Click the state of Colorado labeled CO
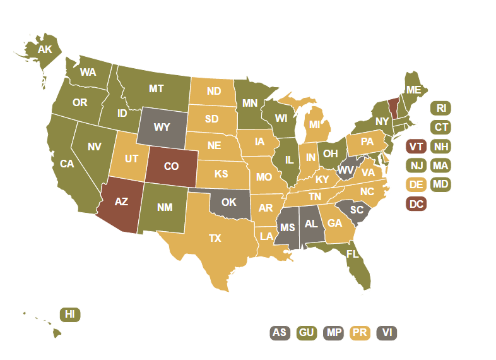[x=171, y=167]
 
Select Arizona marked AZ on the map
[x=121, y=202]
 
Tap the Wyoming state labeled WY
[x=162, y=127]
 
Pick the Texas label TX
[x=215, y=239]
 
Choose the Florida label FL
[x=352, y=254]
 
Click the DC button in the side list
[x=416, y=204]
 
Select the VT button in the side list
[x=416, y=147]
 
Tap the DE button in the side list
[x=416, y=185]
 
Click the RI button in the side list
[x=441, y=108]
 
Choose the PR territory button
[x=360, y=332]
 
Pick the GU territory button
[x=306, y=332]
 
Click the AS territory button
[x=280, y=332]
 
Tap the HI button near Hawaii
[x=70, y=314]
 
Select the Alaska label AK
[x=44, y=49]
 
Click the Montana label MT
[x=156, y=89]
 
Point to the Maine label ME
[x=413, y=90]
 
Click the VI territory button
[x=386, y=332]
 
